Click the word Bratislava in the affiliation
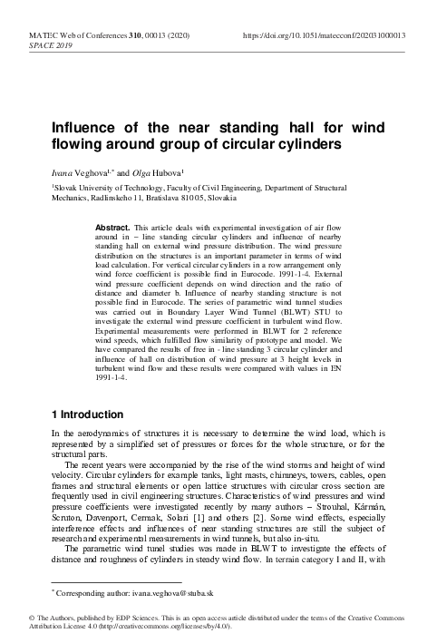click(x=141, y=197)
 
